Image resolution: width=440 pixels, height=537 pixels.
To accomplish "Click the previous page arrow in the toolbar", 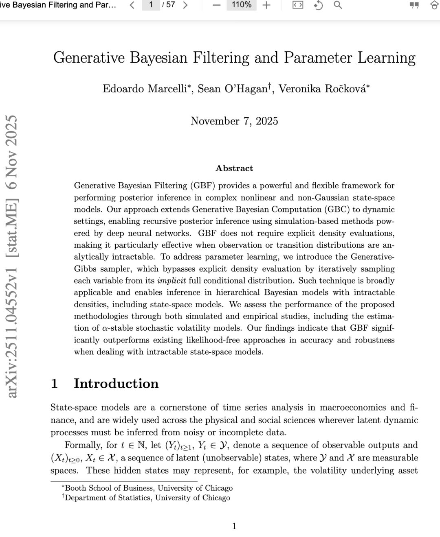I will coord(132,5).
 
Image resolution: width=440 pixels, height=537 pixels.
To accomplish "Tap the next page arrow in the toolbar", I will coord(185,5).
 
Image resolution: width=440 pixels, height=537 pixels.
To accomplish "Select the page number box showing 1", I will coord(151,5).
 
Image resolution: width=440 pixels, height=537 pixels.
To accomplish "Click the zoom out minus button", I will coord(217,5).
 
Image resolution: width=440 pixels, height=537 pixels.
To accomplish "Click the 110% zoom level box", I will coord(241,5).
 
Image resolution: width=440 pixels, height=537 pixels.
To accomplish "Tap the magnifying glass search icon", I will coord(338,5).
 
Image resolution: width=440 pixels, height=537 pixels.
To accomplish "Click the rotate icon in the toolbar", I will coord(318,5).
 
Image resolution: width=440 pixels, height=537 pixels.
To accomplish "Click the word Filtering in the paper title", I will coord(220,58).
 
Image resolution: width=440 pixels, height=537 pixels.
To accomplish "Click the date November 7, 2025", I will coord(234,121).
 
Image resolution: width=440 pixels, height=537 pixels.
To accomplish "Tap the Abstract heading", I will coord(234,168).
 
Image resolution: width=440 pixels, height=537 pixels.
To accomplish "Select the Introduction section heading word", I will coord(116,384).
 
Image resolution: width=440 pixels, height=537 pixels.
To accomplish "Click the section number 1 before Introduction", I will coord(54,384).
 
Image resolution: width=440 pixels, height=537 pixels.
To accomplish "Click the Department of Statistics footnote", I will coord(147,498).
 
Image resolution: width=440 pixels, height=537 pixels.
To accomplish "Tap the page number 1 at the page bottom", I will coord(234,526).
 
